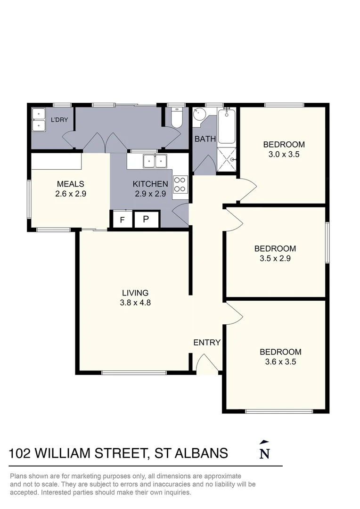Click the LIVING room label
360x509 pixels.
135,293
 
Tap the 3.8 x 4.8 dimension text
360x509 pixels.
135,303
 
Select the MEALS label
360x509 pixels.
70,184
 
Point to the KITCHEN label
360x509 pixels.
150,184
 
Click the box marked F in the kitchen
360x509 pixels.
123,220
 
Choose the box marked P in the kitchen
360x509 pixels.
146,220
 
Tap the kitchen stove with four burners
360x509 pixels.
180,184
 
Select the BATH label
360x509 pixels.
205,139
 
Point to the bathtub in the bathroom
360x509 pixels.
227,126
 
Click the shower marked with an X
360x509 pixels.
227,159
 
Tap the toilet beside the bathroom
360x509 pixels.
177,118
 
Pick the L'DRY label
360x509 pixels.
59,120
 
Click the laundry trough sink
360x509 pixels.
38,120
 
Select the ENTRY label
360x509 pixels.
207,343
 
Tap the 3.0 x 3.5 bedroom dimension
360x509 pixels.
284,154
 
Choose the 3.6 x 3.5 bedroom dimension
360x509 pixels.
280,362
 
